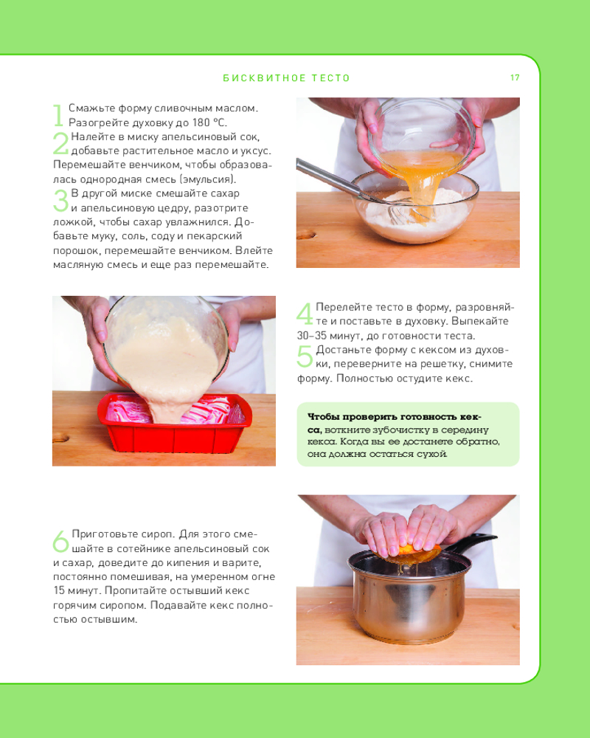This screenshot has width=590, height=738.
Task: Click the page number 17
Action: tap(515, 77)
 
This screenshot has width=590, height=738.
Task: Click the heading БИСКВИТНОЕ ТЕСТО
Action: tap(287, 78)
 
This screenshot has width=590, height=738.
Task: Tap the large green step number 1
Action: tap(58, 115)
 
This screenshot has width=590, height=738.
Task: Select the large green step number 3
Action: tap(60, 201)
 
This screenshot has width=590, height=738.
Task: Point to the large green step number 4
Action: tap(305, 314)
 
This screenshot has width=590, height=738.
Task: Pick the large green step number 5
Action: tap(305, 356)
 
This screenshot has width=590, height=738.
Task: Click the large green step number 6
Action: tap(61, 541)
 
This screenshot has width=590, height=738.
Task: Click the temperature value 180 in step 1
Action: tap(201, 123)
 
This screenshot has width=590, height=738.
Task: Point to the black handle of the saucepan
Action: tap(471, 542)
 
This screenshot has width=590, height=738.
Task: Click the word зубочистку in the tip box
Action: tap(399, 430)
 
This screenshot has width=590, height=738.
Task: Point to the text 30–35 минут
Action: tap(322, 336)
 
